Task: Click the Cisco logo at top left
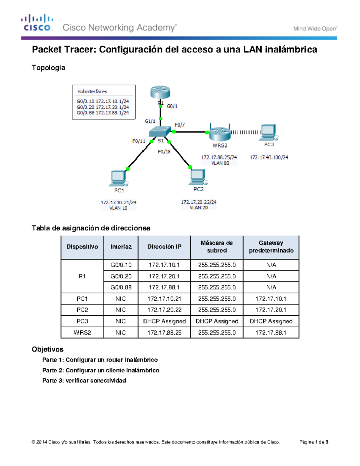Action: (37, 23)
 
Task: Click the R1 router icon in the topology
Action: (160, 92)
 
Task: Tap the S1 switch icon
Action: (160, 131)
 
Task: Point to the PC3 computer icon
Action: (269, 132)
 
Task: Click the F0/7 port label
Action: (180, 125)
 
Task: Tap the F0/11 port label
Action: (139, 141)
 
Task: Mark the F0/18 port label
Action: (164, 152)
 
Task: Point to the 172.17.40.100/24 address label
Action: (269, 157)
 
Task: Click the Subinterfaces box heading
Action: (92, 92)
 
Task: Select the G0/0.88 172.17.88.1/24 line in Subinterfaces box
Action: (103, 113)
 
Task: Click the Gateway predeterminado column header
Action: (271, 247)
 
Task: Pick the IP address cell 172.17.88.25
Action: (164, 332)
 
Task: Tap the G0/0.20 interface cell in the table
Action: (121, 276)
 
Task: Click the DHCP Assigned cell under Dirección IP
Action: (164, 321)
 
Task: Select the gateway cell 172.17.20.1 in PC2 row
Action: (271, 310)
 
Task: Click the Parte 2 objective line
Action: (101, 370)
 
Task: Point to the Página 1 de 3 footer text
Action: (313, 442)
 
